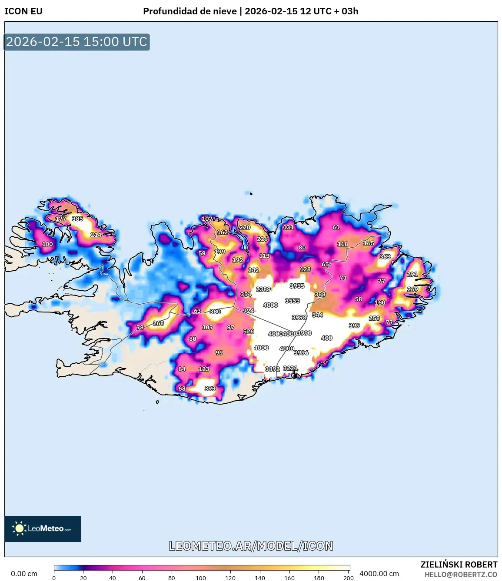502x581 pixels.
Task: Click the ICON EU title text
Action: (x=23, y=11)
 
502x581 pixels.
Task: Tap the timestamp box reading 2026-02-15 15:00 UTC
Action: (x=77, y=42)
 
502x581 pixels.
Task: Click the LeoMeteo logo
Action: (x=43, y=528)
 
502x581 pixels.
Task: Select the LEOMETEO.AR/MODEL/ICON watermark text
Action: (x=251, y=546)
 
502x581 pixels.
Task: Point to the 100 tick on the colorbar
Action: (x=201, y=578)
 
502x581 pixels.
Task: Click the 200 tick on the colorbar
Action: (x=348, y=578)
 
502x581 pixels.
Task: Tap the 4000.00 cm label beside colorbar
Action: (x=379, y=574)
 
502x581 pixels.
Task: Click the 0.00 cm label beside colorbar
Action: (x=24, y=574)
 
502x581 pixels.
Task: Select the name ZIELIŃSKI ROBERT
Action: (x=459, y=564)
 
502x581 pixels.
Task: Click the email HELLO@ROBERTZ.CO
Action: (x=461, y=574)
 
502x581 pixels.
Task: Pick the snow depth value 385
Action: (x=77, y=219)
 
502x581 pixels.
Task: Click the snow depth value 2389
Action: (x=263, y=289)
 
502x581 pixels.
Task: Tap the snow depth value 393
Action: (x=210, y=388)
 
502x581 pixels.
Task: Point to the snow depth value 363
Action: (x=385, y=256)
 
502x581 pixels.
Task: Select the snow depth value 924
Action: (x=249, y=311)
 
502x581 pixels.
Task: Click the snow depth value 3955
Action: (x=297, y=286)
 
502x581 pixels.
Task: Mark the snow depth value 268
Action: (x=159, y=323)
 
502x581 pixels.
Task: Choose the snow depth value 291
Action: (x=412, y=274)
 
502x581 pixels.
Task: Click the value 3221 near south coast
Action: (x=290, y=368)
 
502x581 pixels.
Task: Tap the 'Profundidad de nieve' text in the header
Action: (x=190, y=11)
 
